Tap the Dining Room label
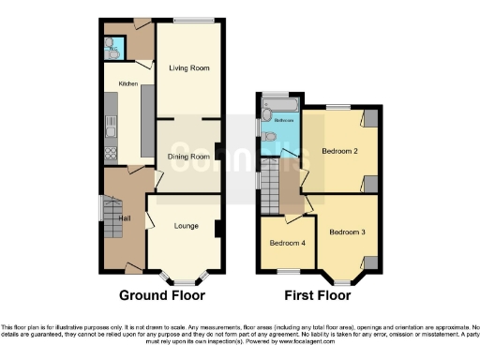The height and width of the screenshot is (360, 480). (187, 157)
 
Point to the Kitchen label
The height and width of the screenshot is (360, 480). (128, 83)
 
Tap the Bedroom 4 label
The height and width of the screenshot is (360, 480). (287, 244)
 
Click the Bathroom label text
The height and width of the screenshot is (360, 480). (284, 120)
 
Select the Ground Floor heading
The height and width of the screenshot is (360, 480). (161, 295)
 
